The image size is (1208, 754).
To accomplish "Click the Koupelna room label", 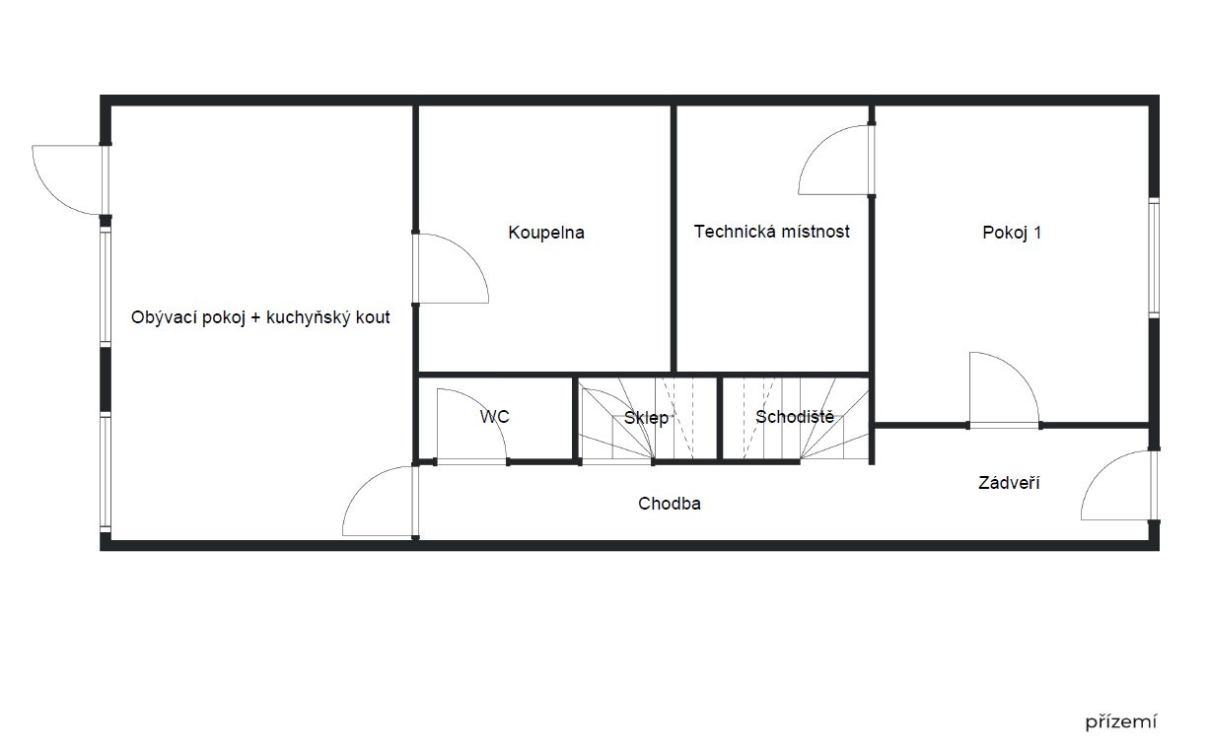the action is (545, 233).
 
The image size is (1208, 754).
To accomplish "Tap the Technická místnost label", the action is (771, 232).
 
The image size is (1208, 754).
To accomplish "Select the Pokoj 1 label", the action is (1012, 233).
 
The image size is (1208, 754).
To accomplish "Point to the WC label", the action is (494, 417).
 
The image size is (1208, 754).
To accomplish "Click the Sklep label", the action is (646, 418).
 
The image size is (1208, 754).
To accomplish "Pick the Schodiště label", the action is (795, 417).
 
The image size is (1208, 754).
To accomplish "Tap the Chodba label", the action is (670, 504).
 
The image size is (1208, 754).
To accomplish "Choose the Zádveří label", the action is (1009, 482).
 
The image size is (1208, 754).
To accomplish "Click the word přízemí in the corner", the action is (1120, 721).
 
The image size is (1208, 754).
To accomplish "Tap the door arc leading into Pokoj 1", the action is (1020, 372).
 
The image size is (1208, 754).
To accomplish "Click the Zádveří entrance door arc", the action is (1101, 470).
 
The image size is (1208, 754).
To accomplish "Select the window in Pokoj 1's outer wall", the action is (1154, 257).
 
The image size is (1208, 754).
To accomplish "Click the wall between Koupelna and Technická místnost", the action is (674, 239).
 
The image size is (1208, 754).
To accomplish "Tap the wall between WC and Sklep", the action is (576, 419).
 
